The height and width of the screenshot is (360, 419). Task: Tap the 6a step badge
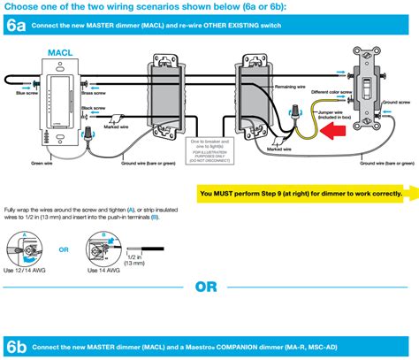15,27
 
